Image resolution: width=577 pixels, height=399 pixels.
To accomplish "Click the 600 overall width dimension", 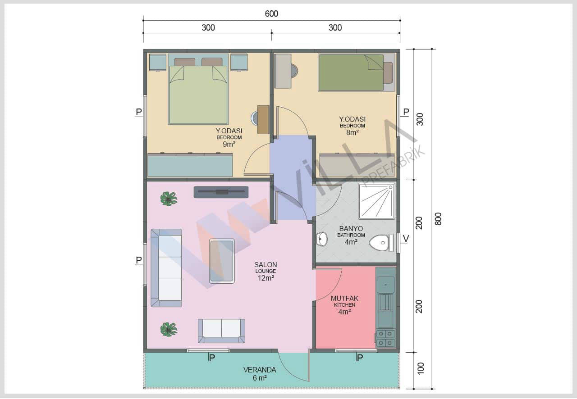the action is coord(271,14).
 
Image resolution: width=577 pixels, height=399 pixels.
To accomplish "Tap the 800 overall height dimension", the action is coord(438,219).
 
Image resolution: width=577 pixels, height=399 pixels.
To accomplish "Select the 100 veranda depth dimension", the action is coord(420,368).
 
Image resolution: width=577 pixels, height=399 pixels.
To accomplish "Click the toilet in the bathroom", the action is coord(381,242).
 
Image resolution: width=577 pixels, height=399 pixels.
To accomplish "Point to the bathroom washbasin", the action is coord(322,239).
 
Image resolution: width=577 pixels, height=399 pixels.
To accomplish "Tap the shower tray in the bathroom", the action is coord(376,201).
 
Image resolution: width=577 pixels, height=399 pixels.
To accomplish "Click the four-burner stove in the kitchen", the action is coord(385,338).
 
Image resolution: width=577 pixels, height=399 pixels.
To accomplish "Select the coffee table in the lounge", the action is coord(222,261).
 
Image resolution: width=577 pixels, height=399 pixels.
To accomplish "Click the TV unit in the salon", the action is coord(221,192).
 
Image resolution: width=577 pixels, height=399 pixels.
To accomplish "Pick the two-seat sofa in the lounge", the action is coord(221,331).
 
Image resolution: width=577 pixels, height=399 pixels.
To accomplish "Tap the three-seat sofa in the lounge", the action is coord(166,268).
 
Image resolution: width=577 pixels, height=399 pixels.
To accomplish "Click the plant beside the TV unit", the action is coord(169,199).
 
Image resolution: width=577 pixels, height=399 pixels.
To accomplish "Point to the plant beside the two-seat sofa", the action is coord(169,330).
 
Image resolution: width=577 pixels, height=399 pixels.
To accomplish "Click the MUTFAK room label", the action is coord(344,298).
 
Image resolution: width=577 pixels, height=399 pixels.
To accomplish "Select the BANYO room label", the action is coord(351,229).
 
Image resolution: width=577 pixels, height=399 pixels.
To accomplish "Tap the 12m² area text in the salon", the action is coord(266,278).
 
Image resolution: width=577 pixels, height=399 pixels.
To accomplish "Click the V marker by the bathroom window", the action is coord(406,239).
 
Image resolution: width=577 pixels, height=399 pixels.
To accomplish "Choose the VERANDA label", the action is coord(260,370).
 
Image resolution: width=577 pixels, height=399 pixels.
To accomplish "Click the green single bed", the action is coord(351,73).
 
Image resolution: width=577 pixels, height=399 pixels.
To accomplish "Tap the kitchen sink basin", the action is coord(385,285).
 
